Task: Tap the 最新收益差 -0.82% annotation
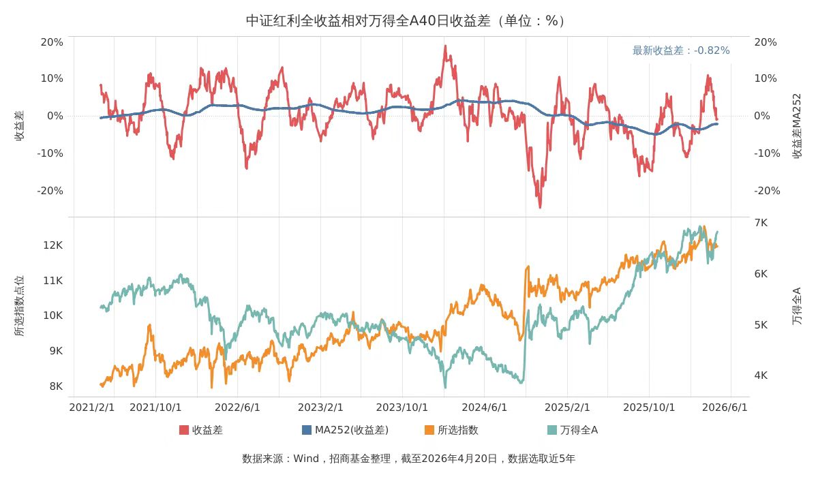[x=681, y=50]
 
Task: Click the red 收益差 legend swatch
[x=184, y=430]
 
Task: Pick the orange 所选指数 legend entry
[x=451, y=430]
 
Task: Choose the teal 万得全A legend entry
[x=573, y=430]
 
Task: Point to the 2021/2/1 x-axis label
[x=92, y=407]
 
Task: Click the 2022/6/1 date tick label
[x=237, y=407]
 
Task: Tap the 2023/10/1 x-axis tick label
[x=402, y=407]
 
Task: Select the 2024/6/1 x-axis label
[x=485, y=407]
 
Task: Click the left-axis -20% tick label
[x=50, y=191]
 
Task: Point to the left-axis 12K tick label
[x=52, y=245]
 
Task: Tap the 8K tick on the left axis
[x=55, y=386]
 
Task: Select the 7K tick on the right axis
[x=761, y=223]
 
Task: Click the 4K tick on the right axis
[x=761, y=375]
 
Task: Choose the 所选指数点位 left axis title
[x=20, y=306]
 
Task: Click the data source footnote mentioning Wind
[x=408, y=459]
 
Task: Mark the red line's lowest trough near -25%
[x=540, y=207]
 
